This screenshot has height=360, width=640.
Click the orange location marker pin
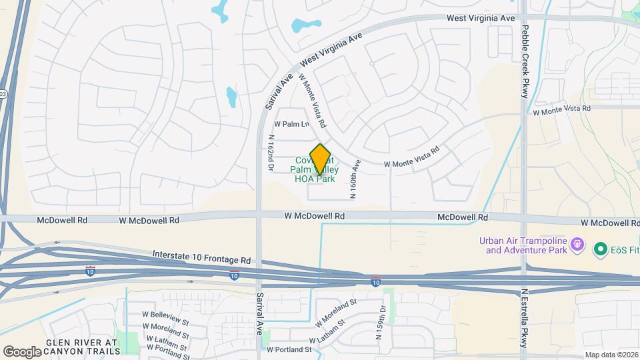(321, 159)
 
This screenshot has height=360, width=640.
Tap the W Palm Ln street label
(293, 124)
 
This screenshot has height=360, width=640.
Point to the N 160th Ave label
(355, 178)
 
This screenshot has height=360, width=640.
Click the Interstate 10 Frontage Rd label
(201, 255)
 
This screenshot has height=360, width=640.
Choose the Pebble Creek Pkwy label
(525, 62)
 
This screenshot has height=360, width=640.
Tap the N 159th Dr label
(381, 322)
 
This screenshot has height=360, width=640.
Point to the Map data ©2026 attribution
(611, 355)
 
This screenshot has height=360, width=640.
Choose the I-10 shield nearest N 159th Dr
(376, 282)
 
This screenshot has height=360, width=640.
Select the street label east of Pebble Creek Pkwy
(562, 109)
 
